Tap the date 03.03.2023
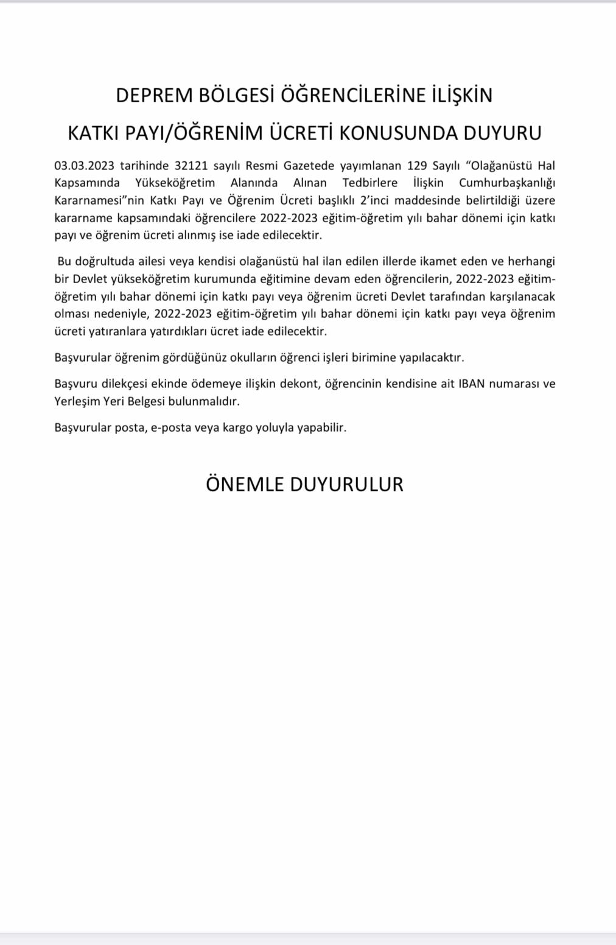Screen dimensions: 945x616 tap(84, 166)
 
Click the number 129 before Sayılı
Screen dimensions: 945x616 tap(417, 166)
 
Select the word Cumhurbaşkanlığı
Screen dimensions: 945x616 tap(506, 183)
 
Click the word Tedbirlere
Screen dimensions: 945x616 tap(369, 183)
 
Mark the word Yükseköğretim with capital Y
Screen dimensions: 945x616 tap(175, 183)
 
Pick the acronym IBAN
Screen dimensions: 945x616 tap(472, 384)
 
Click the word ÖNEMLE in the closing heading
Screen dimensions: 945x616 tap(245, 485)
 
